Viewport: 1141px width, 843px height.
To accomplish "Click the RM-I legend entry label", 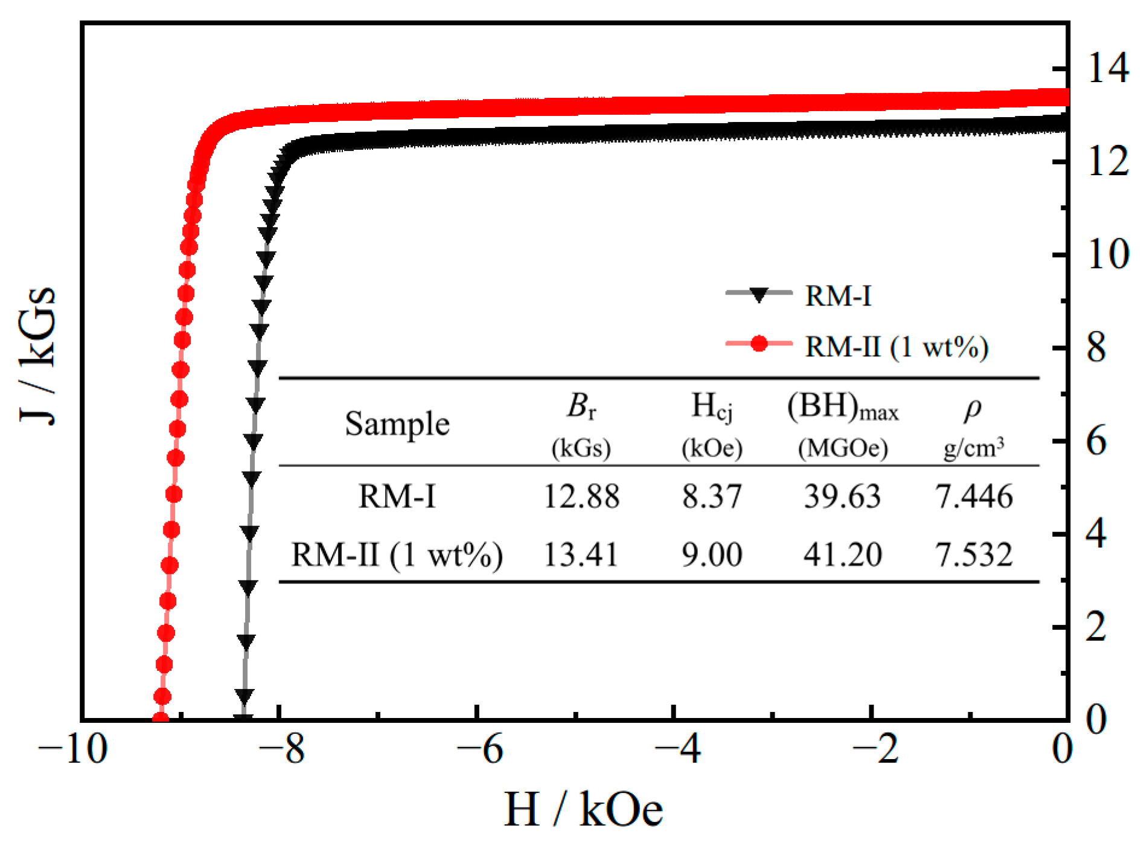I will pyautogui.click(x=838, y=296).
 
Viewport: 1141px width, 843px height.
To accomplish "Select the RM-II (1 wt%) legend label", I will pyautogui.click(x=896, y=347).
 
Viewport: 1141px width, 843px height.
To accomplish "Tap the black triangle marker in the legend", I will pyautogui.click(x=758, y=295).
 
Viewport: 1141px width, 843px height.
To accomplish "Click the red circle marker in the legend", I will pyautogui.click(x=758, y=344).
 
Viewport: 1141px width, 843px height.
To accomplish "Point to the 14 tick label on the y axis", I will pyautogui.click(x=1108, y=67).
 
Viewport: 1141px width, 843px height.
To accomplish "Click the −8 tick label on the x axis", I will pyautogui.click(x=281, y=749).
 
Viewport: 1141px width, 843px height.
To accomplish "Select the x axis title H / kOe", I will pyautogui.click(x=583, y=809).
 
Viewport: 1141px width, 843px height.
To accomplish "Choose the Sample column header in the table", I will pyautogui.click(x=397, y=424).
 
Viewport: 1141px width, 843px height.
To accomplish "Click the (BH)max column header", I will pyautogui.click(x=843, y=408).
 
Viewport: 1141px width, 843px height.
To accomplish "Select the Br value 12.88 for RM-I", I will pyautogui.click(x=581, y=496).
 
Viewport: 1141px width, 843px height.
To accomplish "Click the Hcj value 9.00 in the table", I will pyautogui.click(x=712, y=554).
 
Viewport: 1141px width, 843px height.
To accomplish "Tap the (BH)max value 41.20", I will pyautogui.click(x=843, y=554).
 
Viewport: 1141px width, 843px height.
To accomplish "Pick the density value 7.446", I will pyautogui.click(x=974, y=496).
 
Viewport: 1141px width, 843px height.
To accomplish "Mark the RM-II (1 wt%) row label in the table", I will pyautogui.click(x=397, y=554).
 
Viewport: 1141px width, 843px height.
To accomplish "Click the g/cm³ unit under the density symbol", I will pyautogui.click(x=974, y=448).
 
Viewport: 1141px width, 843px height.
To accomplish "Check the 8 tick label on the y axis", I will pyautogui.click(x=1096, y=348).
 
